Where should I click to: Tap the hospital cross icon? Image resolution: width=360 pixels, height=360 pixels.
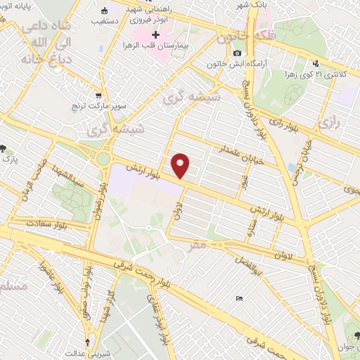click(155, 35)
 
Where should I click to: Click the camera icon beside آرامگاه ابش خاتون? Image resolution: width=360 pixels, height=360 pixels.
click(237, 53)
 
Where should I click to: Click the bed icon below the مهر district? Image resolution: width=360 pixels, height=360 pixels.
click(239, 299)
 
